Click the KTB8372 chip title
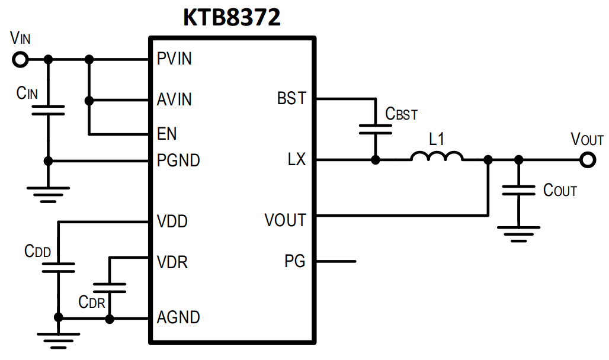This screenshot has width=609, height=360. coord(232,18)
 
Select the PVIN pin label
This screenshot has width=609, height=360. coord(174,59)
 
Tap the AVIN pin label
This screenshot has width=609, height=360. coord(174,99)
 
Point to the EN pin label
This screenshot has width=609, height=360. coord(166,133)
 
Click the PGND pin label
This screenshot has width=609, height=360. coord(178,160)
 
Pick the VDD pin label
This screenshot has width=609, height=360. coord(172,221)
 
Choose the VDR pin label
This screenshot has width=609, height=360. coord(172,261)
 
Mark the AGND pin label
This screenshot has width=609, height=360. coord(178,317)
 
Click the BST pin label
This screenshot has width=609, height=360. coord(291,98)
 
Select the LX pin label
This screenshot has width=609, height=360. coord(297,160)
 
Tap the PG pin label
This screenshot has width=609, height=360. coord(294,261)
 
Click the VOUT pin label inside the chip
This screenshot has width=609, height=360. coord(285,221)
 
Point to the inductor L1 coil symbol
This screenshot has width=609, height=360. coord(437,157)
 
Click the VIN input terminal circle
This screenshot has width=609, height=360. coord(21,59)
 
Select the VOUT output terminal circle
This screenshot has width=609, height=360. coord(588,160)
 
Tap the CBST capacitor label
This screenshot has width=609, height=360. coord(401,114)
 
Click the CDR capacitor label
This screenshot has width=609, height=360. coord(91,302)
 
